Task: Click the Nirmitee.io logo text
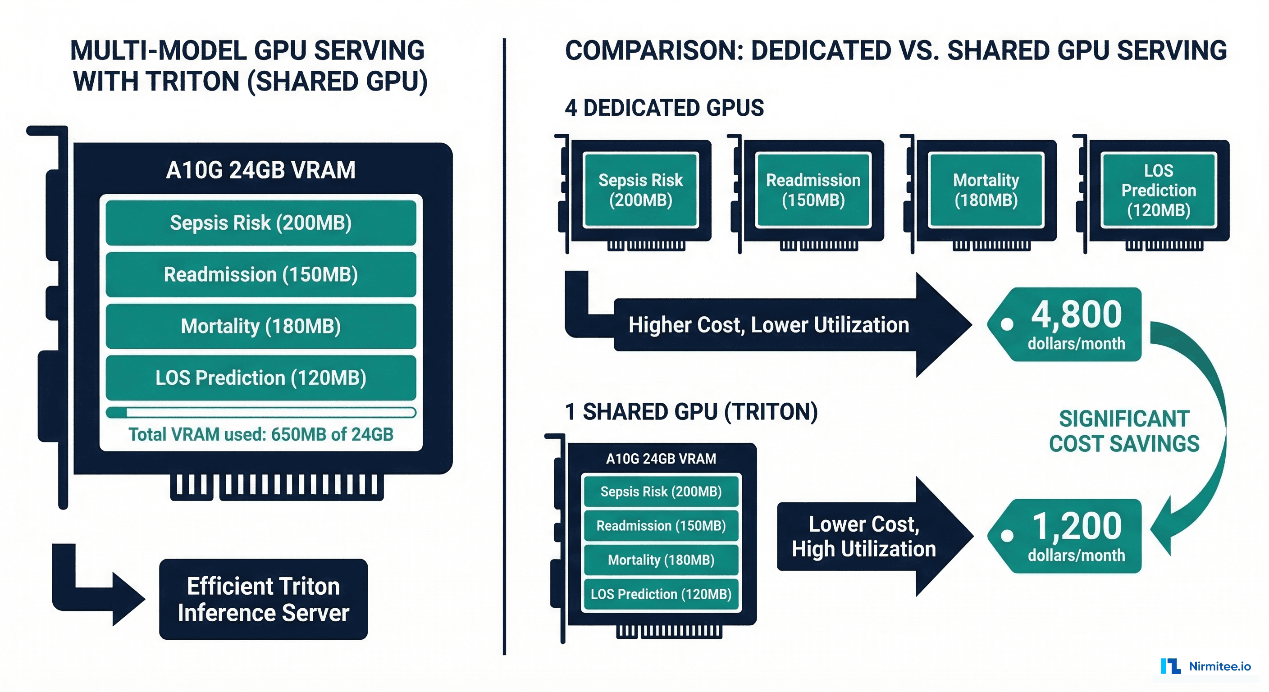[x=1219, y=666]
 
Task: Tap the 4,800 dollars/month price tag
[x=1069, y=324]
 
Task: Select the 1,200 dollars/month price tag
[x=1069, y=536]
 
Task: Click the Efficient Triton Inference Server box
[x=263, y=599]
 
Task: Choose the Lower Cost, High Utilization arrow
[x=867, y=537]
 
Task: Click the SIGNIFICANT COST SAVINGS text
[x=1124, y=431]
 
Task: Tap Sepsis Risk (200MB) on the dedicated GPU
[x=640, y=190]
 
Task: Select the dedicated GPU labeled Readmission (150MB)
[x=813, y=190]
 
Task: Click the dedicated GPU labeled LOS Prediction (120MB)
[x=1159, y=190]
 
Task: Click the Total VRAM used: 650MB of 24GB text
[x=260, y=434]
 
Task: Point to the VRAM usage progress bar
[x=260, y=413]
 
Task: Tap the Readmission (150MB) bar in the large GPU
[x=260, y=274]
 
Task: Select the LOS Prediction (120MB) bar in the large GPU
[x=260, y=378]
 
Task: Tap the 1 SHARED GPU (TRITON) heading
[x=691, y=412]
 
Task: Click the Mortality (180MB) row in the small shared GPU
[x=661, y=560]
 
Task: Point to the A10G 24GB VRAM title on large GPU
[x=260, y=170]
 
